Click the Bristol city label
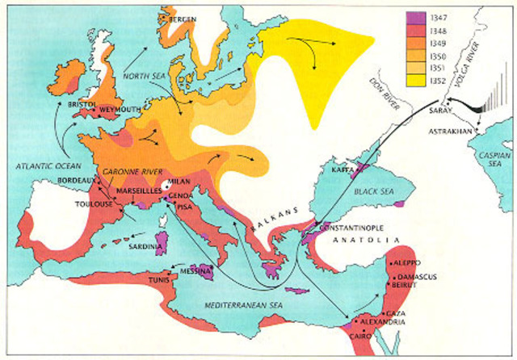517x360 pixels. pyautogui.click(x=82, y=104)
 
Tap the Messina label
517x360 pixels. pyautogui.click(x=198, y=270)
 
